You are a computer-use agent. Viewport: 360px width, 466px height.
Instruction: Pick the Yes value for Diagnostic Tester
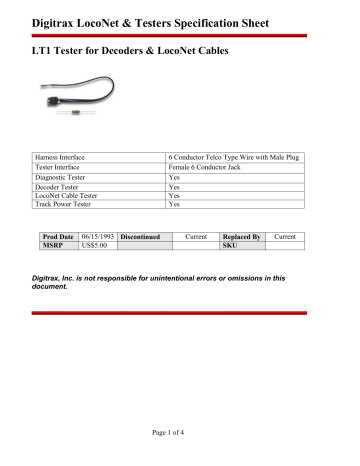pyautogui.click(x=174, y=176)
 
